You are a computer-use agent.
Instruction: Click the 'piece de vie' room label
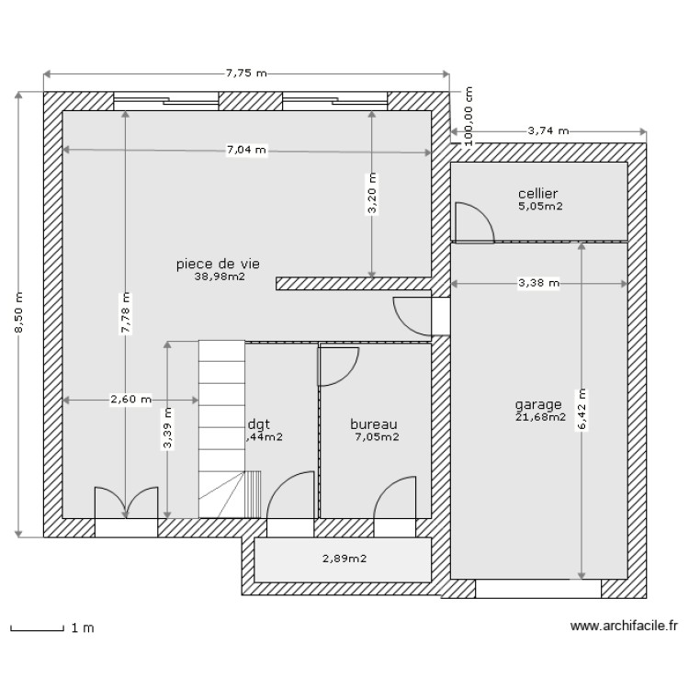218,264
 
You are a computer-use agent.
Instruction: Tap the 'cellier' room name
538,194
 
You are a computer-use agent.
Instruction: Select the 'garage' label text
538,405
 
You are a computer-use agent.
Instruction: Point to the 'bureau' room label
374,424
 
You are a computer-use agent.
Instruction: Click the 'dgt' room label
259,424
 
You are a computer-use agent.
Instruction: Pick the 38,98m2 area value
220,276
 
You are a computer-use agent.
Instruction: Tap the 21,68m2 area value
541,418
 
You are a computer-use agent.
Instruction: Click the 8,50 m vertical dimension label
18,315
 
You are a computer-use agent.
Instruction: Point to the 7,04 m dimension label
246,149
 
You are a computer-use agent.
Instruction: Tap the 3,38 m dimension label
538,283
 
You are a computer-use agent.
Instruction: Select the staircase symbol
222,427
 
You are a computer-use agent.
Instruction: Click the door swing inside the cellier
473,221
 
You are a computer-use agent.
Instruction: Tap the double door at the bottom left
125,503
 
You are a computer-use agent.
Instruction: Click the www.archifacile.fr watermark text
624,627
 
